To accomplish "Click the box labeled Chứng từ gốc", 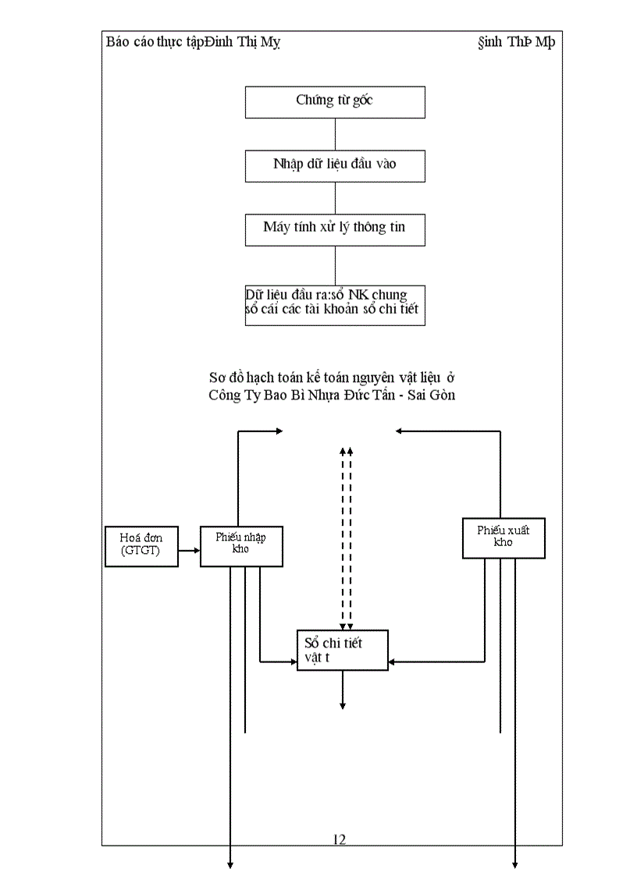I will [x=335, y=101].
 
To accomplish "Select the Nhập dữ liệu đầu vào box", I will [x=335, y=165].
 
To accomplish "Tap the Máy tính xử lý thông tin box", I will [x=335, y=229].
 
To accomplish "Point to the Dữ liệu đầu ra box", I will [x=335, y=305].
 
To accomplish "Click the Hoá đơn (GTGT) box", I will [x=141, y=545].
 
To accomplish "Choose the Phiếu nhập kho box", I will [x=241, y=546].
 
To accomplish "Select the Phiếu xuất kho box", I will [x=504, y=537].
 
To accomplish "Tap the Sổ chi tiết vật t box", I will [x=342, y=651].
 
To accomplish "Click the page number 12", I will [x=340, y=839].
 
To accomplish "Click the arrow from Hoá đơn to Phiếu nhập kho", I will [x=189, y=551].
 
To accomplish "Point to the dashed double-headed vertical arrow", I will [x=346, y=538].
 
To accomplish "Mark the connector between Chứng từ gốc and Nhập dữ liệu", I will [x=335, y=134].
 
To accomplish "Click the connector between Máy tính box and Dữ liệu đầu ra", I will [x=335, y=265].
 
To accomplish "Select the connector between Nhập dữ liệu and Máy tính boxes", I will [x=335, y=198].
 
